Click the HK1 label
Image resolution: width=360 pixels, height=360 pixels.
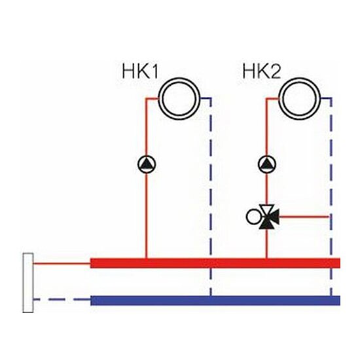pos(140,71)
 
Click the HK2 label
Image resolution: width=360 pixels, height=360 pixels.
pos(262,71)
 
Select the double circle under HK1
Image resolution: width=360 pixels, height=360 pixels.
pos(179,99)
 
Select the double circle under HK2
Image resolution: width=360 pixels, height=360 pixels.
pos(299,99)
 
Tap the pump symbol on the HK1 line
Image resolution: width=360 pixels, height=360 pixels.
pos(147,164)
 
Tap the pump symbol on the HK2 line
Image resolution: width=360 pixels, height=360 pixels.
pos(267,164)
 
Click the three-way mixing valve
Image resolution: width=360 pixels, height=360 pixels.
pos(268,217)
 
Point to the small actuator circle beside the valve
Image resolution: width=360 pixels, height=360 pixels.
pos(253,217)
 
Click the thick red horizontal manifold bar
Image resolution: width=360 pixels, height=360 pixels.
pos(215,263)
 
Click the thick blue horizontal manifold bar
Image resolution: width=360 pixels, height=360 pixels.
pos(215,300)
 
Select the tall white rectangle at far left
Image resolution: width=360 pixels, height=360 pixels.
pos(28,283)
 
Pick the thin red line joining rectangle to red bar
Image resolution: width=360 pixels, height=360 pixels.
pos(62,263)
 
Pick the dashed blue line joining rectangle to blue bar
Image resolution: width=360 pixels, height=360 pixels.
pos(62,299)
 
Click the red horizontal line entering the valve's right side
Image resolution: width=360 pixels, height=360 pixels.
pos(304,217)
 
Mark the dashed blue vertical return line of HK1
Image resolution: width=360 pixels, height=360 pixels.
pos(211,198)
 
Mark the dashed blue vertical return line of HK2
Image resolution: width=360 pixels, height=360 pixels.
pos(331,198)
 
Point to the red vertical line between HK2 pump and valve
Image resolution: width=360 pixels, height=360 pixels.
pos(267,189)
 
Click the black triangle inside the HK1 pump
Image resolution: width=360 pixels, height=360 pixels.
pos(147,164)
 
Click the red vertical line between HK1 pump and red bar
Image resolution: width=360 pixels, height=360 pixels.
pos(147,216)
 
